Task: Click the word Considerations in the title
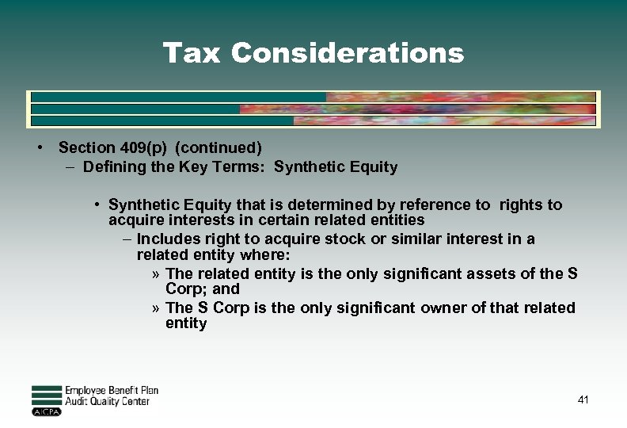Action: (x=348, y=53)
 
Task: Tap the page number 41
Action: (x=583, y=400)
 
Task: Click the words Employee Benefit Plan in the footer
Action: (x=112, y=391)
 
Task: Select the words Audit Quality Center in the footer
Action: (x=108, y=402)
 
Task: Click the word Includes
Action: (x=169, y=239)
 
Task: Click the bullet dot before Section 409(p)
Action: (x=39, y=147)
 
